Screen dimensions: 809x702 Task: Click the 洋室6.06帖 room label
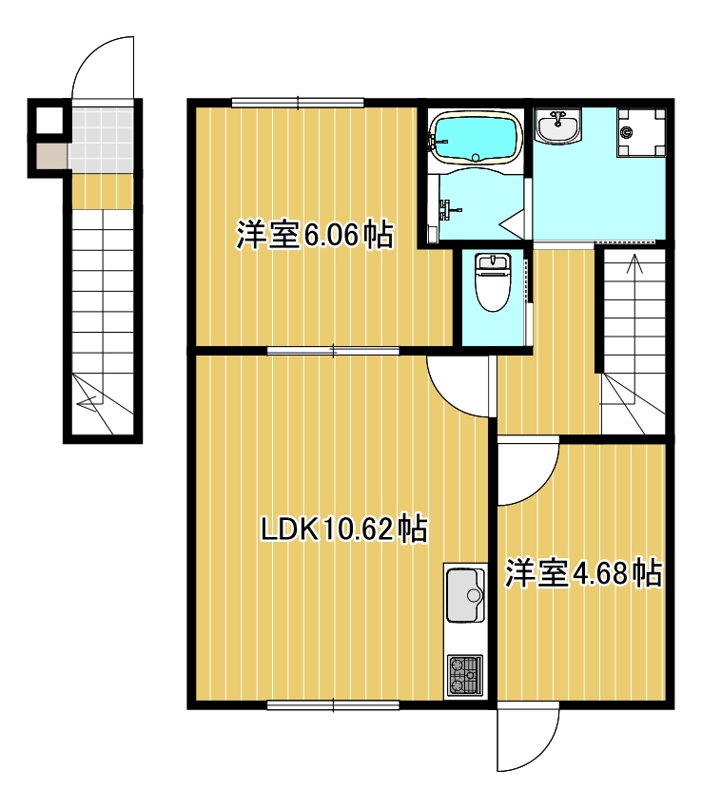(315, 235)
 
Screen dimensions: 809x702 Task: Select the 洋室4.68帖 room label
(582, 573)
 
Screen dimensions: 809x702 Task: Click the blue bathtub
(476, 139)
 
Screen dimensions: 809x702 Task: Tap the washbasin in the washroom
(557, 126)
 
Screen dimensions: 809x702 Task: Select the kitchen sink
(464, 594)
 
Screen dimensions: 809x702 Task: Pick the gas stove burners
(464, 673)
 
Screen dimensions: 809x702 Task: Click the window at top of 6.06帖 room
(298, 102)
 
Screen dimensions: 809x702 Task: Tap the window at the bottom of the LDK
(333, 704)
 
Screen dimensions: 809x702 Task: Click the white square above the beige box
(47, 120)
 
